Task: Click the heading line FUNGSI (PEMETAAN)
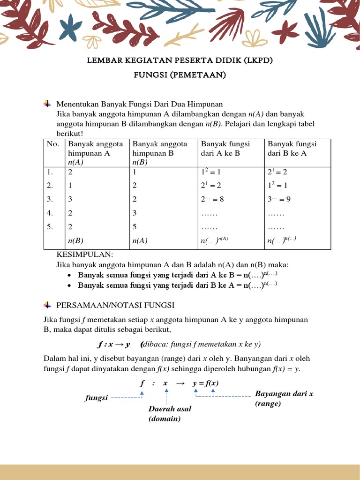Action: point(180,75)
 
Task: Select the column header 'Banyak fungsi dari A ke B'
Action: point(225,149)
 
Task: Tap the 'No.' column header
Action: point(52,144)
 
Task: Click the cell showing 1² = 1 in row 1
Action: point(210,172)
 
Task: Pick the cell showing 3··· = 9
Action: point(279,199)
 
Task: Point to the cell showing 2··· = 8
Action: point(212,199)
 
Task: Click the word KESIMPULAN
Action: point(85,255)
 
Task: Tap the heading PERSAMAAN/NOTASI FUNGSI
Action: point(115,305)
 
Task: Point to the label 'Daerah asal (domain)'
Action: point(170,413)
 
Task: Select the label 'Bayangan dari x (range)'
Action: point(284,398)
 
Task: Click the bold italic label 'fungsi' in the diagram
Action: point(96,398)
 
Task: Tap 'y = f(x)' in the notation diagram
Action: point(205,383)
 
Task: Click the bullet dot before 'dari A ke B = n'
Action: point(69,275)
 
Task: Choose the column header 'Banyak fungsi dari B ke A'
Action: point(292,149)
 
